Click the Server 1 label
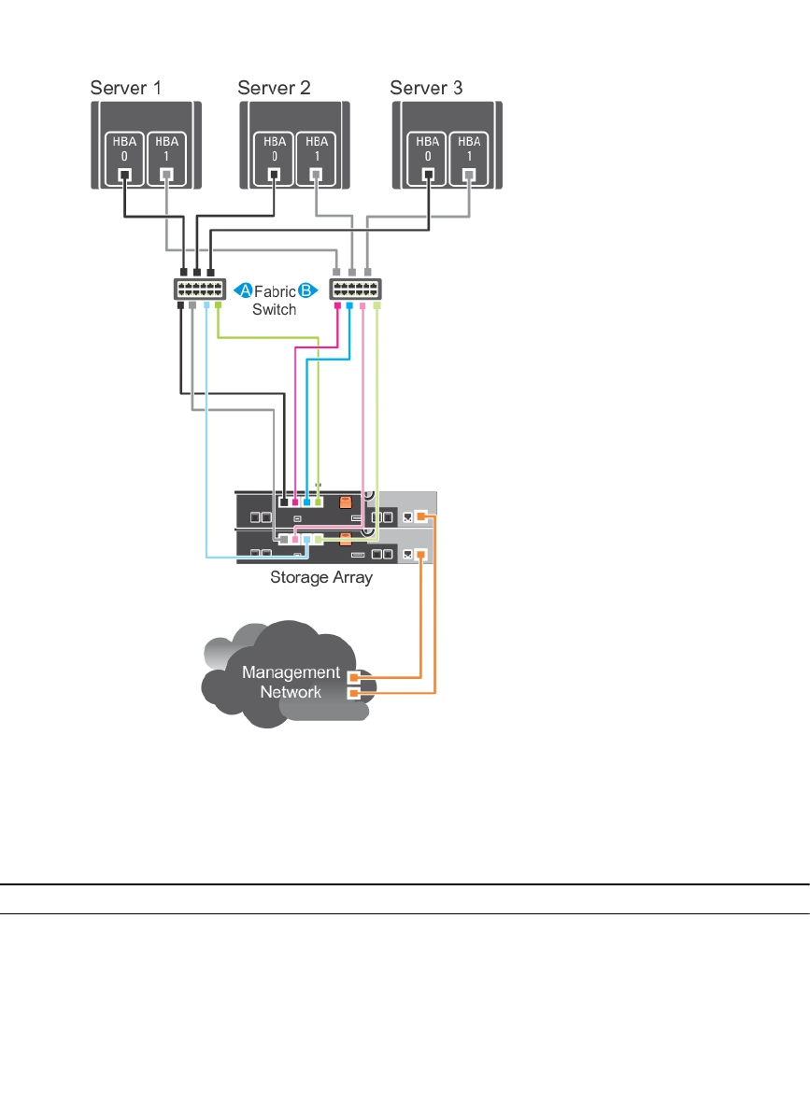(125, 89)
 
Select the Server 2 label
(274, 89)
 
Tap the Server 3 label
(426, 89)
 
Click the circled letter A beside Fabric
(241, 290)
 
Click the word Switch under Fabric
(275, 308)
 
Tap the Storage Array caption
(321, 577)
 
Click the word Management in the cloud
(291, 671)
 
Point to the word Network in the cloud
(291, 691)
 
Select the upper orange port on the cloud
(353, 677)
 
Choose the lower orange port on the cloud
(353, 693)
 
